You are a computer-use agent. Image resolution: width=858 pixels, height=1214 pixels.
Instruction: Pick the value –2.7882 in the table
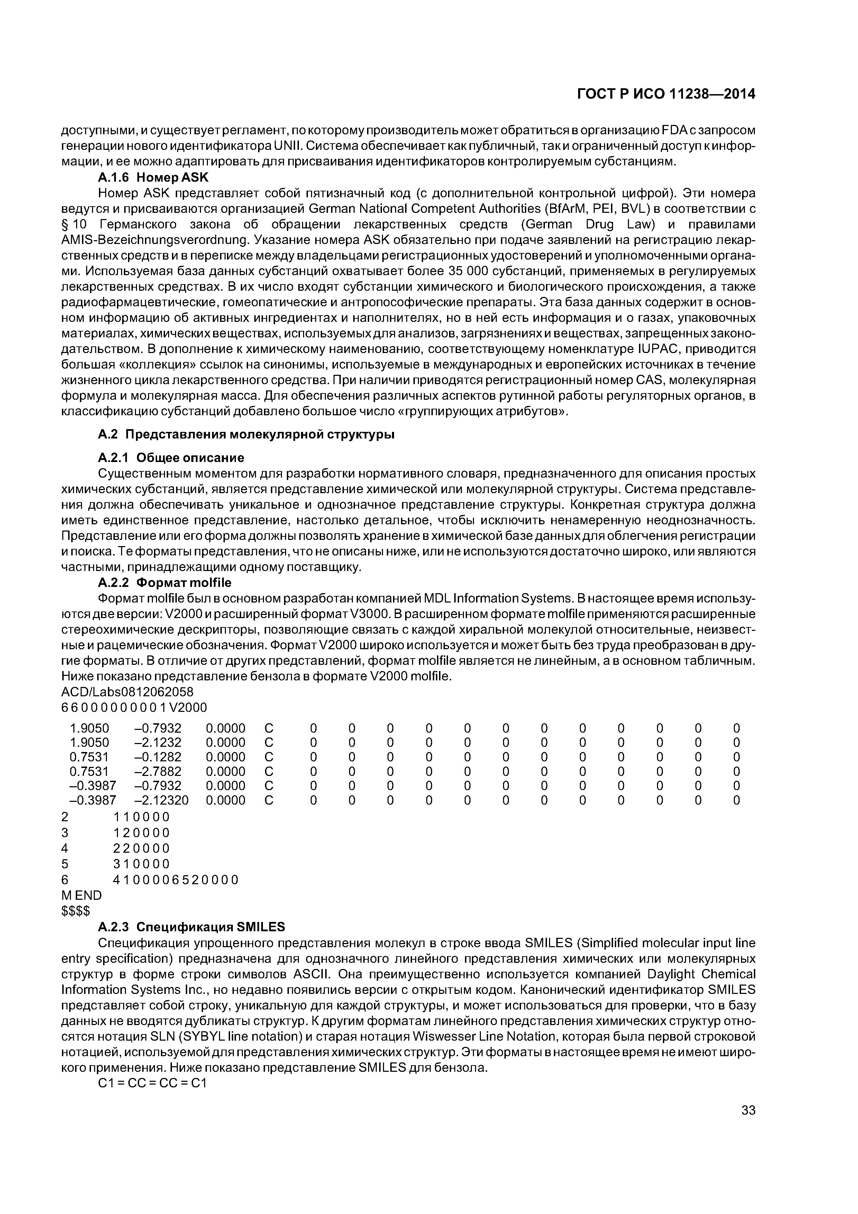tap(157, 771)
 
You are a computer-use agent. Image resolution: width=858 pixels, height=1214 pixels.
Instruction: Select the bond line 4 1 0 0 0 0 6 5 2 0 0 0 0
tap(175, 880)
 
